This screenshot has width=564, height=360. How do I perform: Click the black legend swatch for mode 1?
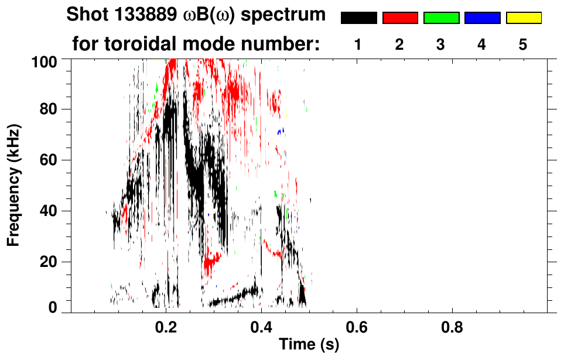[359, 18]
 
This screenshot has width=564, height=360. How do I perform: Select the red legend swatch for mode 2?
[400, 18]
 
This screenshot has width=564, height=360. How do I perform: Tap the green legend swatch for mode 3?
[441, 18]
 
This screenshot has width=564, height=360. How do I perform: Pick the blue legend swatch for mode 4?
[482, 18]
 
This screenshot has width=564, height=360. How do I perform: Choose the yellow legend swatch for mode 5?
[523, 18]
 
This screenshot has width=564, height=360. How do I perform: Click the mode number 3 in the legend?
[441, 44]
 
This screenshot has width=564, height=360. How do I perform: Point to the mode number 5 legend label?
[523, 44]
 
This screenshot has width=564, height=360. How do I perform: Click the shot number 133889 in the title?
[135, 15]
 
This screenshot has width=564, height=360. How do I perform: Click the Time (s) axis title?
[309, 345]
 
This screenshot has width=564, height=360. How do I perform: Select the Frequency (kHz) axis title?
[13, 184]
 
